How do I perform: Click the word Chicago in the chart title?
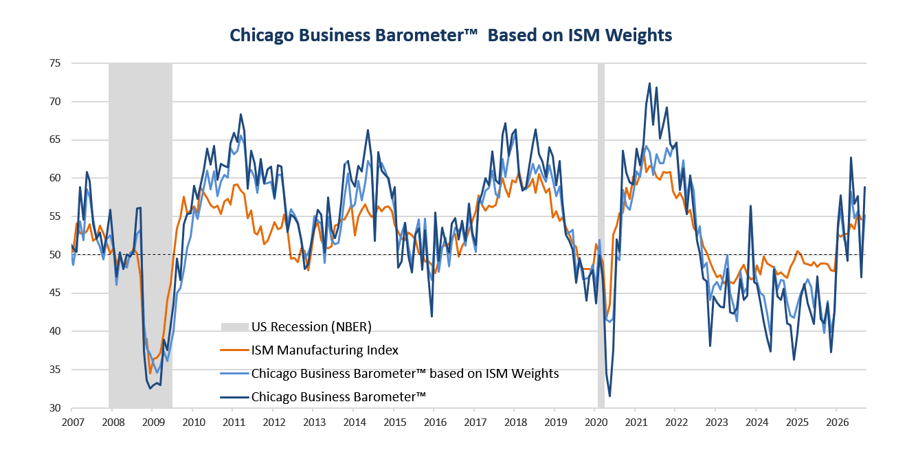[x=262, y=36]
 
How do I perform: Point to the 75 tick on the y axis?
[x=55, y=63]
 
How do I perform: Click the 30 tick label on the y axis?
[x=55, y=408]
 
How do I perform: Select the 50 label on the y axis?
[x=55, y=254]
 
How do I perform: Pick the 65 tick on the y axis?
[x=55, y=139]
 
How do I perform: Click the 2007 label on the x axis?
[x=73, y=423]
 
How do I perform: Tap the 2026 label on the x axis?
[x=838, y=423]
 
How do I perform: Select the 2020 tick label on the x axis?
[x=596, y=423]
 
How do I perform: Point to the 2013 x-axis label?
[x=314, y=423]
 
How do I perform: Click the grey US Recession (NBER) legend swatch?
[x=234, y=327]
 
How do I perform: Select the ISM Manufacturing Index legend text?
[x=325, y=350]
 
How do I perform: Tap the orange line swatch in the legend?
[x=234, y=350]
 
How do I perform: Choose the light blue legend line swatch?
[x=234, y=374]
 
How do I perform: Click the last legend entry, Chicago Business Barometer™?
[x=339, y=397]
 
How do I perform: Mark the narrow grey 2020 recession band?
[x=601, y=236]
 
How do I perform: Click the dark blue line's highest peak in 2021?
[x=649, y=83]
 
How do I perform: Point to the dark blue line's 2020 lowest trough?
[x=609, y=396]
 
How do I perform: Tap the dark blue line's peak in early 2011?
[x=240, y=114]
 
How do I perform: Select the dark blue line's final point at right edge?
[x=865, y=187]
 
